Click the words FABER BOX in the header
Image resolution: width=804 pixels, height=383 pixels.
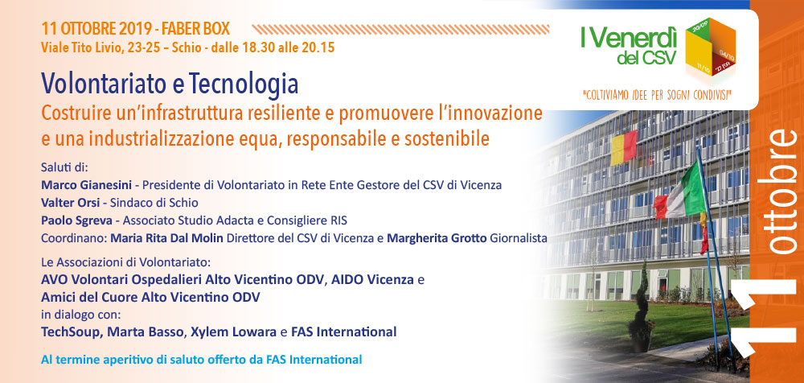click(x=196, y=29)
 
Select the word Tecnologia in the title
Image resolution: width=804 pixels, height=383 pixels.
click(x=244, y=84)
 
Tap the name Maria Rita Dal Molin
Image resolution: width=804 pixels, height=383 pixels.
click(x=167, y=239)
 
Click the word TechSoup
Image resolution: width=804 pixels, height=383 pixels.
click(x=72, y=332)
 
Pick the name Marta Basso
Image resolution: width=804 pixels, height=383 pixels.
click(x=145, y=332)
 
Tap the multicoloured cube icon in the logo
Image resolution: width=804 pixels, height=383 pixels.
click(x=710, y=47)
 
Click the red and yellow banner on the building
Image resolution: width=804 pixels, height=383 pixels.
click(x=624, y=148)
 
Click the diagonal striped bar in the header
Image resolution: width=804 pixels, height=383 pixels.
click(x=400, y=29)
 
